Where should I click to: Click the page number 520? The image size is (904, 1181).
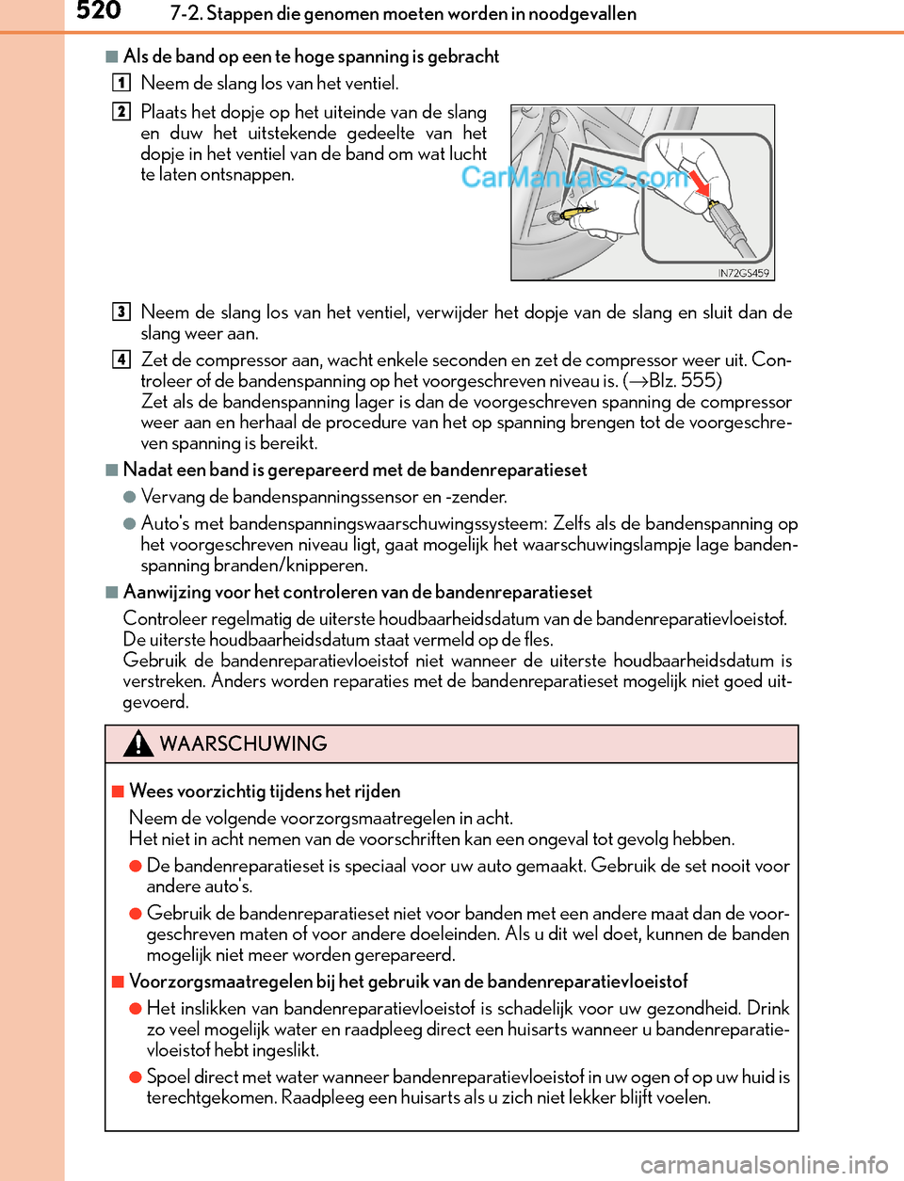click(x=98, y=11)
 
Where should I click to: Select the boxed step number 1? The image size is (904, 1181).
click(x=121, y=83)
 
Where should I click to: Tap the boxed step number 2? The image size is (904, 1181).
click(x=121, y=111)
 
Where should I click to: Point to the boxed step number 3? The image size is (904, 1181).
click(x=121, y=311)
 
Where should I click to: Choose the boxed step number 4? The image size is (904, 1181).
click(x=121, y=359)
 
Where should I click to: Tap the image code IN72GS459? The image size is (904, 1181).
click(x=743, y=273)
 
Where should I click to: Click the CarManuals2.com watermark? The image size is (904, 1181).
click(x=574, y=177)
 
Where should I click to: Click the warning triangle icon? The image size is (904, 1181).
click(x=138, y=743)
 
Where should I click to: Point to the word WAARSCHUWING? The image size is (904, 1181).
click(x=243, y=743)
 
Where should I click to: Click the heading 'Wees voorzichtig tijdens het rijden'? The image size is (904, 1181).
click(x=265, y=790)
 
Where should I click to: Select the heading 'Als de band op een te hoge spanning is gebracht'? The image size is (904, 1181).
click(x=311, y=56)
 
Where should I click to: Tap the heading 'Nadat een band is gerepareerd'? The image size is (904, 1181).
click(x=355, y=470)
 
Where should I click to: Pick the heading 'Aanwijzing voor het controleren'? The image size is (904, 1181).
click(x=358, y=592)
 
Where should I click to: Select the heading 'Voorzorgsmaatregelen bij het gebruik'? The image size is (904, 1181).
click(x=408, y=981)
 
